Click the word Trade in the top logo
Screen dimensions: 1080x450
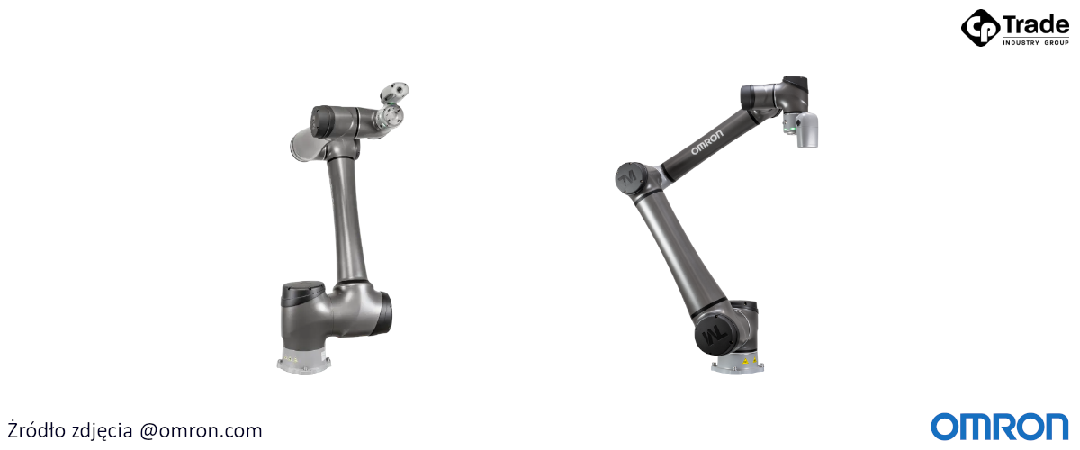click(x=1036, y=25)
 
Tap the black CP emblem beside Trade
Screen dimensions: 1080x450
click(x=981, y=28)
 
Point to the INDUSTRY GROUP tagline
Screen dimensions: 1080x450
click(x=1036, y=43)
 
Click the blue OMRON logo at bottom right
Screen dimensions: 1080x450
click(x=1000, y=427)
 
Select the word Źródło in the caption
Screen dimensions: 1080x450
click(x=36, y=429)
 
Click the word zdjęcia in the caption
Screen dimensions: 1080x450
click(x=102, y=431)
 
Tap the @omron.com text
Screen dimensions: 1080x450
click(x=201, y=431)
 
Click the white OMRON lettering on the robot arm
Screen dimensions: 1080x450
click(x=707, y=142)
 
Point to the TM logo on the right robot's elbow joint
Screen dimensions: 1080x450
click(x=629, y=178)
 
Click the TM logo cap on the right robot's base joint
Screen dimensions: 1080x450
click(x=715, y=334)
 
